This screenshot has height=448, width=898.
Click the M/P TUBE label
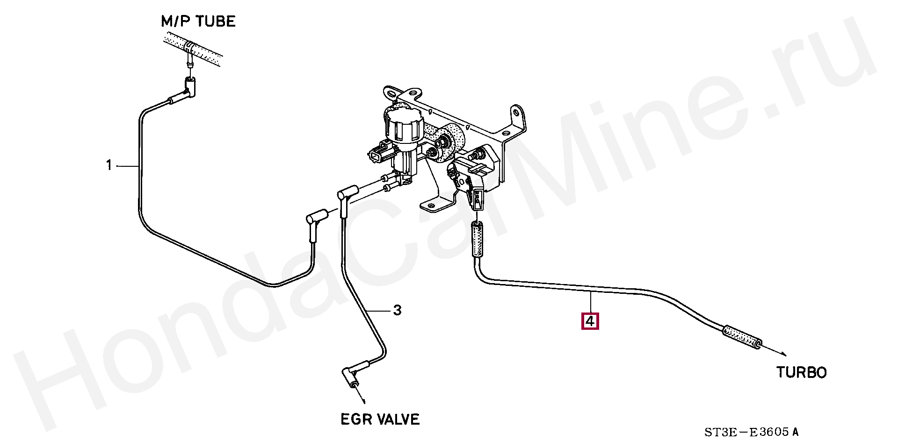coord(198,21)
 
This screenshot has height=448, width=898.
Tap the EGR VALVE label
coord(380,419)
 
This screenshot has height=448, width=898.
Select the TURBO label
coord(801,372)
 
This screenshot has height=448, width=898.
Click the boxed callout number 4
coord(590,321)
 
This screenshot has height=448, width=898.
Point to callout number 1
coord(109,165)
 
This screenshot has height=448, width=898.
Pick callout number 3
coord(397,310)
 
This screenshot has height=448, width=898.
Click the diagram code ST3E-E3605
coord(751,432)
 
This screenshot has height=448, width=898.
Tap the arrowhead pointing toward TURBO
coord(782,355)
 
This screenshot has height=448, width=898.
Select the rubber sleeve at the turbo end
coord(742,338)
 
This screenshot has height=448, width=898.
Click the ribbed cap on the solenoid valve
coord(403,126)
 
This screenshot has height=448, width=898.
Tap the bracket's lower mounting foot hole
coord(427,205)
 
